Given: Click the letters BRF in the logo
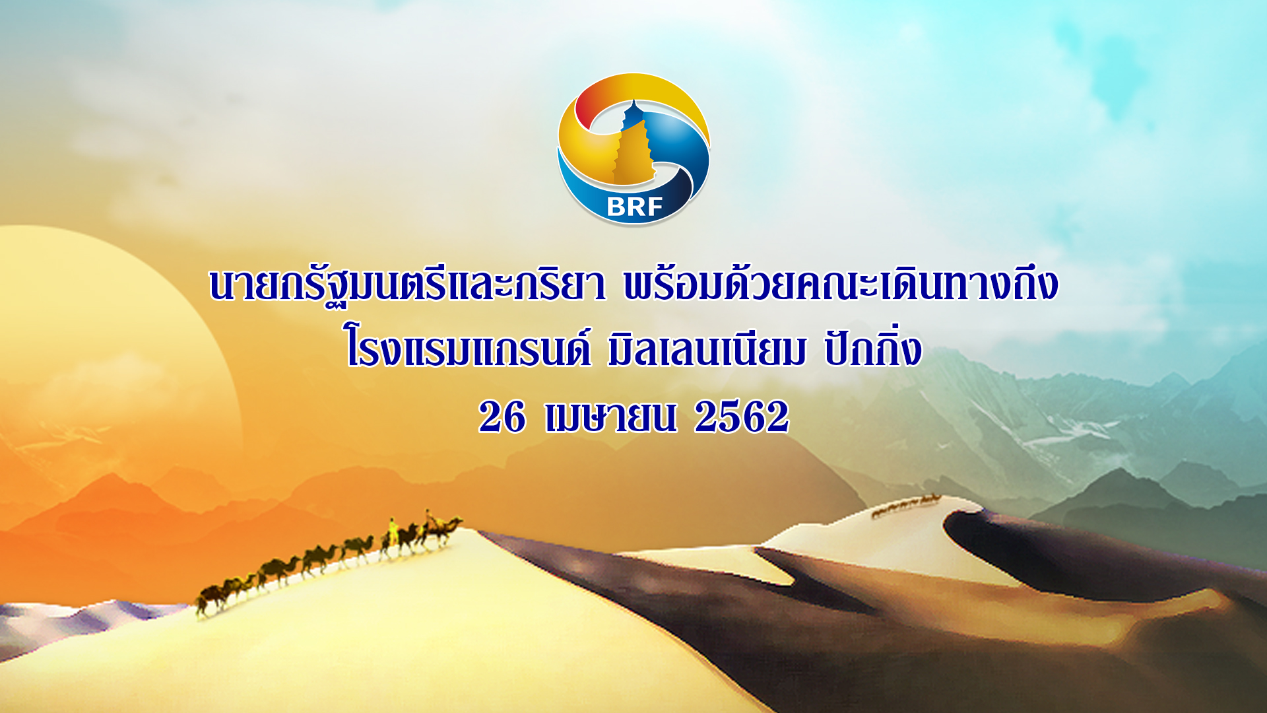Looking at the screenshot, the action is pos(634,207).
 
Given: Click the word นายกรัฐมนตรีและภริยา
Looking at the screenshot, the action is pos(407,285).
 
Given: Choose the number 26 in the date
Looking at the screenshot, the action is pos(502,417).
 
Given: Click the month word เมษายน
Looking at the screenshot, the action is pos(610,417).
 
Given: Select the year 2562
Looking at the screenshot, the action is pos(742,417).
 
